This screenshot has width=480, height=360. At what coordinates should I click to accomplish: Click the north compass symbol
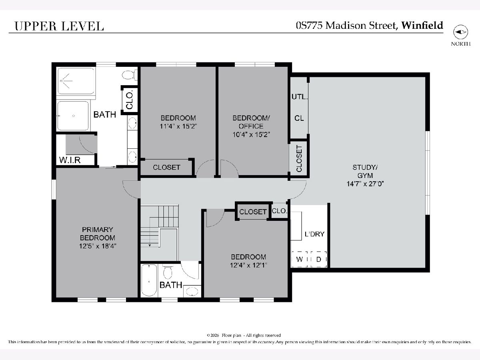(460, 32)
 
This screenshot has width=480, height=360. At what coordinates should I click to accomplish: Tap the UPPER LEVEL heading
(59, 26)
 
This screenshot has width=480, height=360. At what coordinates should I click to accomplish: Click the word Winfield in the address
(422, 25)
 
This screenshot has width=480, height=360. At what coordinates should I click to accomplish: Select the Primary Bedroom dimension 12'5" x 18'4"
(98, 246)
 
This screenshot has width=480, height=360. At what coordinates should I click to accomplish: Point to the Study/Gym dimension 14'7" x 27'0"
(365, 184)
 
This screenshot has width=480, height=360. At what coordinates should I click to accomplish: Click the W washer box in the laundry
(300, 259)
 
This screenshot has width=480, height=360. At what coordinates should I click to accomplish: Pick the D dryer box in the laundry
(319, 259)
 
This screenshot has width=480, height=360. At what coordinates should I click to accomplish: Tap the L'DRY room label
(314, 234)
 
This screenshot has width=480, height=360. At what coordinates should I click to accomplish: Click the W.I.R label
(70, 160)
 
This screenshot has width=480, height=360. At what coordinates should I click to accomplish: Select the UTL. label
(300, 97)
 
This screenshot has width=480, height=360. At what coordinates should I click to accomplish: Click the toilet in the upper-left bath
(129, 75)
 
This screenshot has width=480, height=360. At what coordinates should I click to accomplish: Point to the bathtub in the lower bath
(149, 281)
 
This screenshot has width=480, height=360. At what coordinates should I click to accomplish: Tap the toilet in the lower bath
(168, 272)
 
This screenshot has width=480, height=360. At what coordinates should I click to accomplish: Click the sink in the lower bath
(192, 292)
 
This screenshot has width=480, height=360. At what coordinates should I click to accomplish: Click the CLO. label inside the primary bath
(130, 100)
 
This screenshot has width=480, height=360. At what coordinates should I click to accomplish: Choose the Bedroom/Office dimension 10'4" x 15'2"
(251, 134)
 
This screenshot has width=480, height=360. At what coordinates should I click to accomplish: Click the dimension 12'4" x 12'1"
(248, 265)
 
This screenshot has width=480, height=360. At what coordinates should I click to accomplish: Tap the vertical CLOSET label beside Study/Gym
(299, 158)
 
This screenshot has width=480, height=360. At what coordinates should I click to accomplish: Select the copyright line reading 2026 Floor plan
(244, 335)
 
